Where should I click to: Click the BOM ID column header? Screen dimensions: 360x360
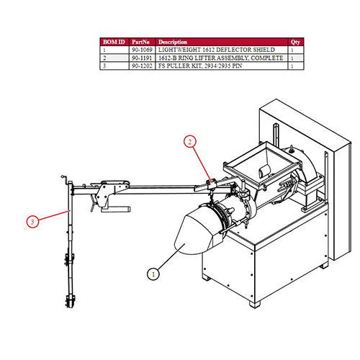point(114,42)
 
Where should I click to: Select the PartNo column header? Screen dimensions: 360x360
point(140,42)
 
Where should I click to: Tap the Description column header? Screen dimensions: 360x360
point(173,42)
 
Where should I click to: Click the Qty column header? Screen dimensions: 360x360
point(295,42)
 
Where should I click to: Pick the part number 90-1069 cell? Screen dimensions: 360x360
point(142,50)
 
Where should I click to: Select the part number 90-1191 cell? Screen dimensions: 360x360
point(142,58)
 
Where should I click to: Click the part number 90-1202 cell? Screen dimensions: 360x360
point(142,66)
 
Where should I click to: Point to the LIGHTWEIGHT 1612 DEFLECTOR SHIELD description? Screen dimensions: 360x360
point(217,50)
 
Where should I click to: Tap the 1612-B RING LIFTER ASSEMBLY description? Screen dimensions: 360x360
point(220,58)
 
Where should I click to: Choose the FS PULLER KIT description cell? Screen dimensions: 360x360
point(200,66)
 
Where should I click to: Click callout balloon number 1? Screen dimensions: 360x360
point(153,274)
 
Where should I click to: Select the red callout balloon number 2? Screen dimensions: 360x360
point(190,142)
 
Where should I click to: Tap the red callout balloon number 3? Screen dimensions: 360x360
point(32,222)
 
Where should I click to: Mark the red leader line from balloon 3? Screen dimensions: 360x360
point(54,215)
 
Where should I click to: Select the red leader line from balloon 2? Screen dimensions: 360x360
point(202,164)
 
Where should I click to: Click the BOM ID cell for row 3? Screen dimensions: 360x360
point(104,66)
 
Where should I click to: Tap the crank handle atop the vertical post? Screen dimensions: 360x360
point(65,179)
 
